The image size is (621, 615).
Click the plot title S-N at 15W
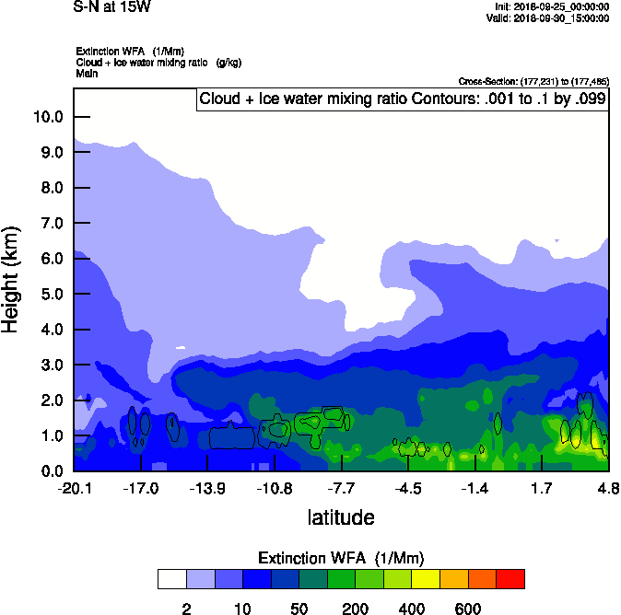coord(111,6)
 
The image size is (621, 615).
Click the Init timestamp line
coord(551,7)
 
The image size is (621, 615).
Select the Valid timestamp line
coord(550,17)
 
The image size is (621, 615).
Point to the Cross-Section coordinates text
coord(533,81)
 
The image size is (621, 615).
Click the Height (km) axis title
coord(11,279)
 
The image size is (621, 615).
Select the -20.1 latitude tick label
coord(74,487)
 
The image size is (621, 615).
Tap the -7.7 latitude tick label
coord(342,487)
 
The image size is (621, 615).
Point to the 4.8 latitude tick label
coord(608,487)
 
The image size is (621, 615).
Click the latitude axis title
coord(341,517)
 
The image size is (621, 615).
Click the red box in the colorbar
coord(510,579)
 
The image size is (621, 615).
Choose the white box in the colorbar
coord(171,579)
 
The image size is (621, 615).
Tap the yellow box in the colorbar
coord(426,579)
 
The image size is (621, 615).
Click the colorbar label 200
coord(356,609)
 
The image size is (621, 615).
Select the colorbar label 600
coord(468,609)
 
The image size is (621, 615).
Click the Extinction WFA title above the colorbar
coord(341,558)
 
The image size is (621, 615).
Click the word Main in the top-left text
coord(87,73)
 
